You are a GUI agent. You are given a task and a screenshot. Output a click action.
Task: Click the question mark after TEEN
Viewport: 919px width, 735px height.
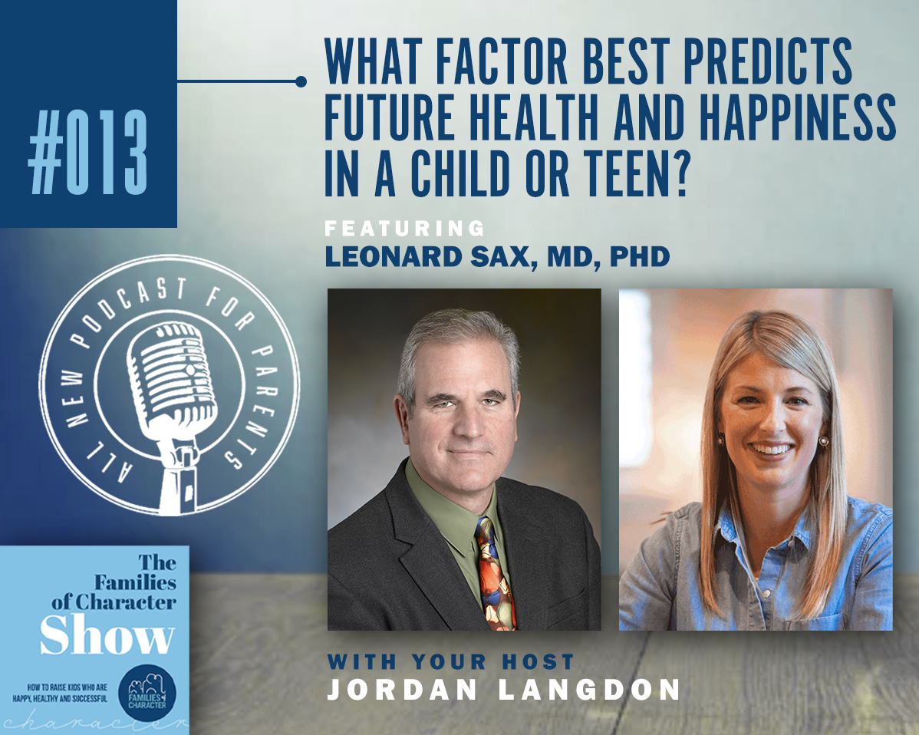(674, 172)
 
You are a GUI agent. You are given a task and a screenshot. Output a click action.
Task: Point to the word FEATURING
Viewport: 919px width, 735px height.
(405, 228)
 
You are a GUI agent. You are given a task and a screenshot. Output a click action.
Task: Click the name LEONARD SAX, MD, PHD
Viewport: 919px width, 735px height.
(497, 257)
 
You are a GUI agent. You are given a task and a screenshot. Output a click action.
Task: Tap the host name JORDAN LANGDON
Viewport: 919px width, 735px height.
(503, 689)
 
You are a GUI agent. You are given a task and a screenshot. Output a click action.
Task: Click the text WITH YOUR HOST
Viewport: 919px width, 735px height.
(451, 661)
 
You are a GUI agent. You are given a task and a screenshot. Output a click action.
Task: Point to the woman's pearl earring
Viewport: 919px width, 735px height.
(822, 443)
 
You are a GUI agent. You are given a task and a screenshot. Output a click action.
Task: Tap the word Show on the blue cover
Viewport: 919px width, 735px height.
(107, 636)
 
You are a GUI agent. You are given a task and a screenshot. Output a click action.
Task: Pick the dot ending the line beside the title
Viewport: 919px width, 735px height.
(301, 81)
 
